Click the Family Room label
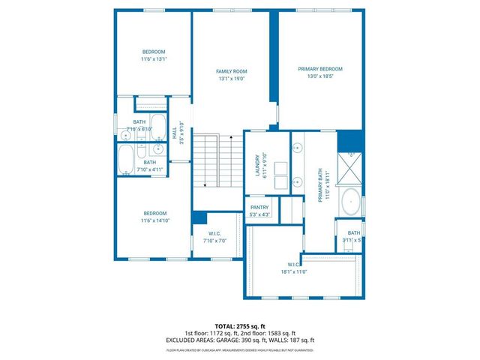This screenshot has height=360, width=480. coord(231,70)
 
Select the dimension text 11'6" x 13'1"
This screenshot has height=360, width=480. coord(154,59)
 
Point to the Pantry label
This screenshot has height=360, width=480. coord(259,208)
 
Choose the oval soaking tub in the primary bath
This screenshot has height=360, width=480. coord(350,201)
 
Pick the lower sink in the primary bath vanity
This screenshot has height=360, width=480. coord(296,181)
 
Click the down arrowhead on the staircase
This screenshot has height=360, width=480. coord(205,184)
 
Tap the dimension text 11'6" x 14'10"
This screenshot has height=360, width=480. coord(154,220)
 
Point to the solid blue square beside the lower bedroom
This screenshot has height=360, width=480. coord(199,217)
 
